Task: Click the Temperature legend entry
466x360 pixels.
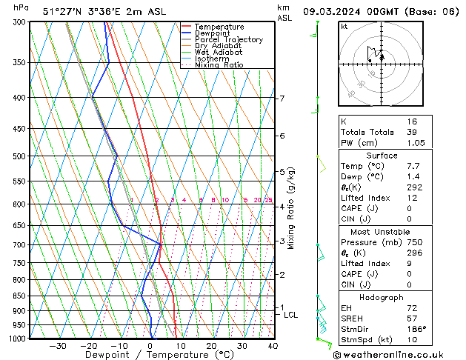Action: tap(219, 27)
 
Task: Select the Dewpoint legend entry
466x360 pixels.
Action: tap(213, 33)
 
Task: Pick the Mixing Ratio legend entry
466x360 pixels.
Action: tap(219, 65)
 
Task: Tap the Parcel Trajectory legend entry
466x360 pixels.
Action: tap(228, 40)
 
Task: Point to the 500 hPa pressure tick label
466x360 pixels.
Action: tap(20, 156)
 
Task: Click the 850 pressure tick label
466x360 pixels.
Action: tap(20, 296)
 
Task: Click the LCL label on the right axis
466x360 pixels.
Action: tap(290, 315)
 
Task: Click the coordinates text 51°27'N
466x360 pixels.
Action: tap(60, 11)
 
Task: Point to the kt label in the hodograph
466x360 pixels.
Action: tap(344, 27)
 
